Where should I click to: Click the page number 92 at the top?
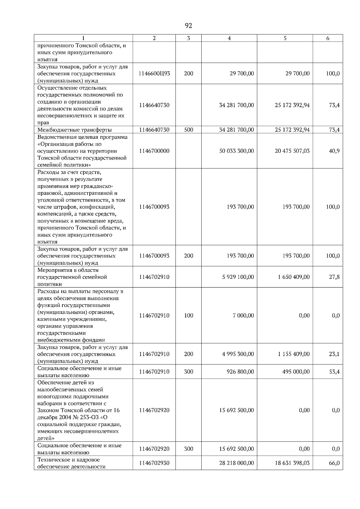tap(188, 26)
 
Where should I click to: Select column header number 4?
tap(229, 38)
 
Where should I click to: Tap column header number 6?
tap(328, 38)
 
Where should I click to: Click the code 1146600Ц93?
tap(154, 73)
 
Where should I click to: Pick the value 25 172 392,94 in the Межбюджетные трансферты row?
tap(292, 130)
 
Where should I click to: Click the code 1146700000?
tap(154, 151)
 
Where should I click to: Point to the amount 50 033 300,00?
tap(236, 151)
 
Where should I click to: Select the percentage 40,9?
tap(334, 151)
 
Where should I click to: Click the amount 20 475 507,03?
tap(292, 151)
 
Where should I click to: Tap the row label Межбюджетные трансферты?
tap(74, 130)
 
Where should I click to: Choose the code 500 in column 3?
tap(188, 130)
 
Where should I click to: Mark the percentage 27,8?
tap(334, 277)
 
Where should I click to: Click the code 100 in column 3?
tap(188, 315)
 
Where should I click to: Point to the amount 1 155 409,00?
tap(294, 354)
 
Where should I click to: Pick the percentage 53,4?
tap(334, 372)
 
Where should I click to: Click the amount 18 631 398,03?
tap(292, 463)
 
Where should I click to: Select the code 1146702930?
tap(154, 463)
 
